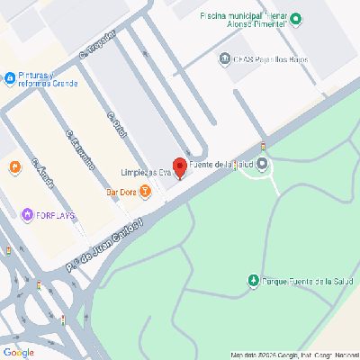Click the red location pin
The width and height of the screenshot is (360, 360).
tap(179, 167)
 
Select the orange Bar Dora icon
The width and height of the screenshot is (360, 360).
tap(146, 191)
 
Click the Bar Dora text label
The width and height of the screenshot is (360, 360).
tap(121, 191)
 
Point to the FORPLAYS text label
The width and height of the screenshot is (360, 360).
tap(55, 215)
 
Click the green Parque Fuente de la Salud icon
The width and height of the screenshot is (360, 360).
tap(254, 282)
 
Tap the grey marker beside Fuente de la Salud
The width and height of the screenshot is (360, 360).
tap(262, 164)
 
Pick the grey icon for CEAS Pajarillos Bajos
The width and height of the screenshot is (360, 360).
tap(224, 59)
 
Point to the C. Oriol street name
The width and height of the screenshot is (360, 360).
tap(114, 126)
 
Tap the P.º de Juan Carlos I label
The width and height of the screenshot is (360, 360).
tap(105, 243)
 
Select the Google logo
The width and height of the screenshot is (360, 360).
tap(18, 351)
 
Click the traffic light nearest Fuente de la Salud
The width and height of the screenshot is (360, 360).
tap(263, 147)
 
